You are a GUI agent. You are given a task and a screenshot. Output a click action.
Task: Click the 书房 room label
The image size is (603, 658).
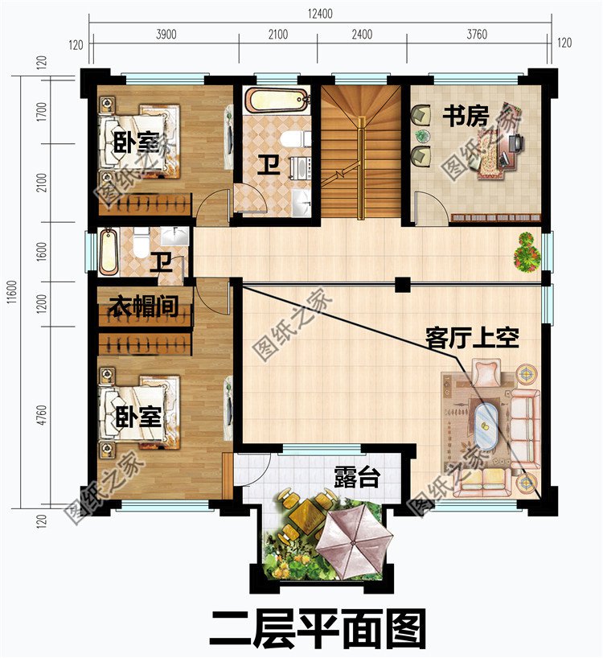[465, 117]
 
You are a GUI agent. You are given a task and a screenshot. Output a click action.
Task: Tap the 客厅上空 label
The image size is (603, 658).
[472, 339]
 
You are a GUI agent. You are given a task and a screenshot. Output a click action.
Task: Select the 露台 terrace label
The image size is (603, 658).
[356, 479]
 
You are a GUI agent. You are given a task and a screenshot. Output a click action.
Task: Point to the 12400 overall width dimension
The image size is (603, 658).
[319, 14]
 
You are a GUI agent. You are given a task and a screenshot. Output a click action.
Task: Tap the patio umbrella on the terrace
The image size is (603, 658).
[354, 536]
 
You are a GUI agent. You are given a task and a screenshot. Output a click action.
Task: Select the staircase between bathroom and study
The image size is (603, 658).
[360, 153]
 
